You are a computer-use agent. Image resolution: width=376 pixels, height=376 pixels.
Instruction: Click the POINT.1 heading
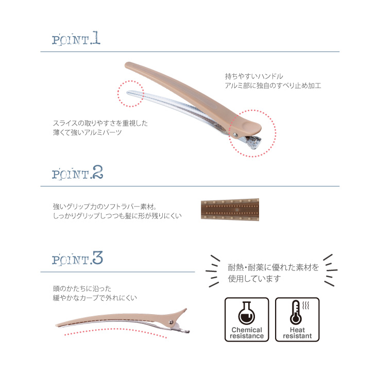point(76,38)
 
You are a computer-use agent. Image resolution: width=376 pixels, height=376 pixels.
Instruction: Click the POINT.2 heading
point(77,173)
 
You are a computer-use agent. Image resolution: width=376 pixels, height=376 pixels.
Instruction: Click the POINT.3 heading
point(77,259)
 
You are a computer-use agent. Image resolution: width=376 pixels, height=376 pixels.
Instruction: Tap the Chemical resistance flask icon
point(247,313)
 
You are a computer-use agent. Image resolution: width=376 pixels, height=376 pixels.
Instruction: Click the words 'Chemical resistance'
point(247,333)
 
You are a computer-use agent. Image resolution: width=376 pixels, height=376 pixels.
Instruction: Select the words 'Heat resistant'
point(297,333)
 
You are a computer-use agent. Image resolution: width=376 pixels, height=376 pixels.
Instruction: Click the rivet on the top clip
point(235,135)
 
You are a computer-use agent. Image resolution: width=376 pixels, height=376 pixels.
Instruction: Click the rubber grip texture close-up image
point(230,210)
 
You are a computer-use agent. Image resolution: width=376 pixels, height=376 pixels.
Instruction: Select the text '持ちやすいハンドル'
point(254,76)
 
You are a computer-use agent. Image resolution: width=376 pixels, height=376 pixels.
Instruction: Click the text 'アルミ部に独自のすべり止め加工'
point(273,86)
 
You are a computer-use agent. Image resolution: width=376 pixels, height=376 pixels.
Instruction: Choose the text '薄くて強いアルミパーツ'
point(87,132)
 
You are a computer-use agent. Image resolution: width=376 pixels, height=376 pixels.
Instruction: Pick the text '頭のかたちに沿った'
point(82,288)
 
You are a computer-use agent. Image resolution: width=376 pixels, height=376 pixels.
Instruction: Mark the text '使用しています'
point(254,279)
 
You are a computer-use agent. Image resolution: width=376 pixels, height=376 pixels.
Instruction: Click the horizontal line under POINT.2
point(190,186)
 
